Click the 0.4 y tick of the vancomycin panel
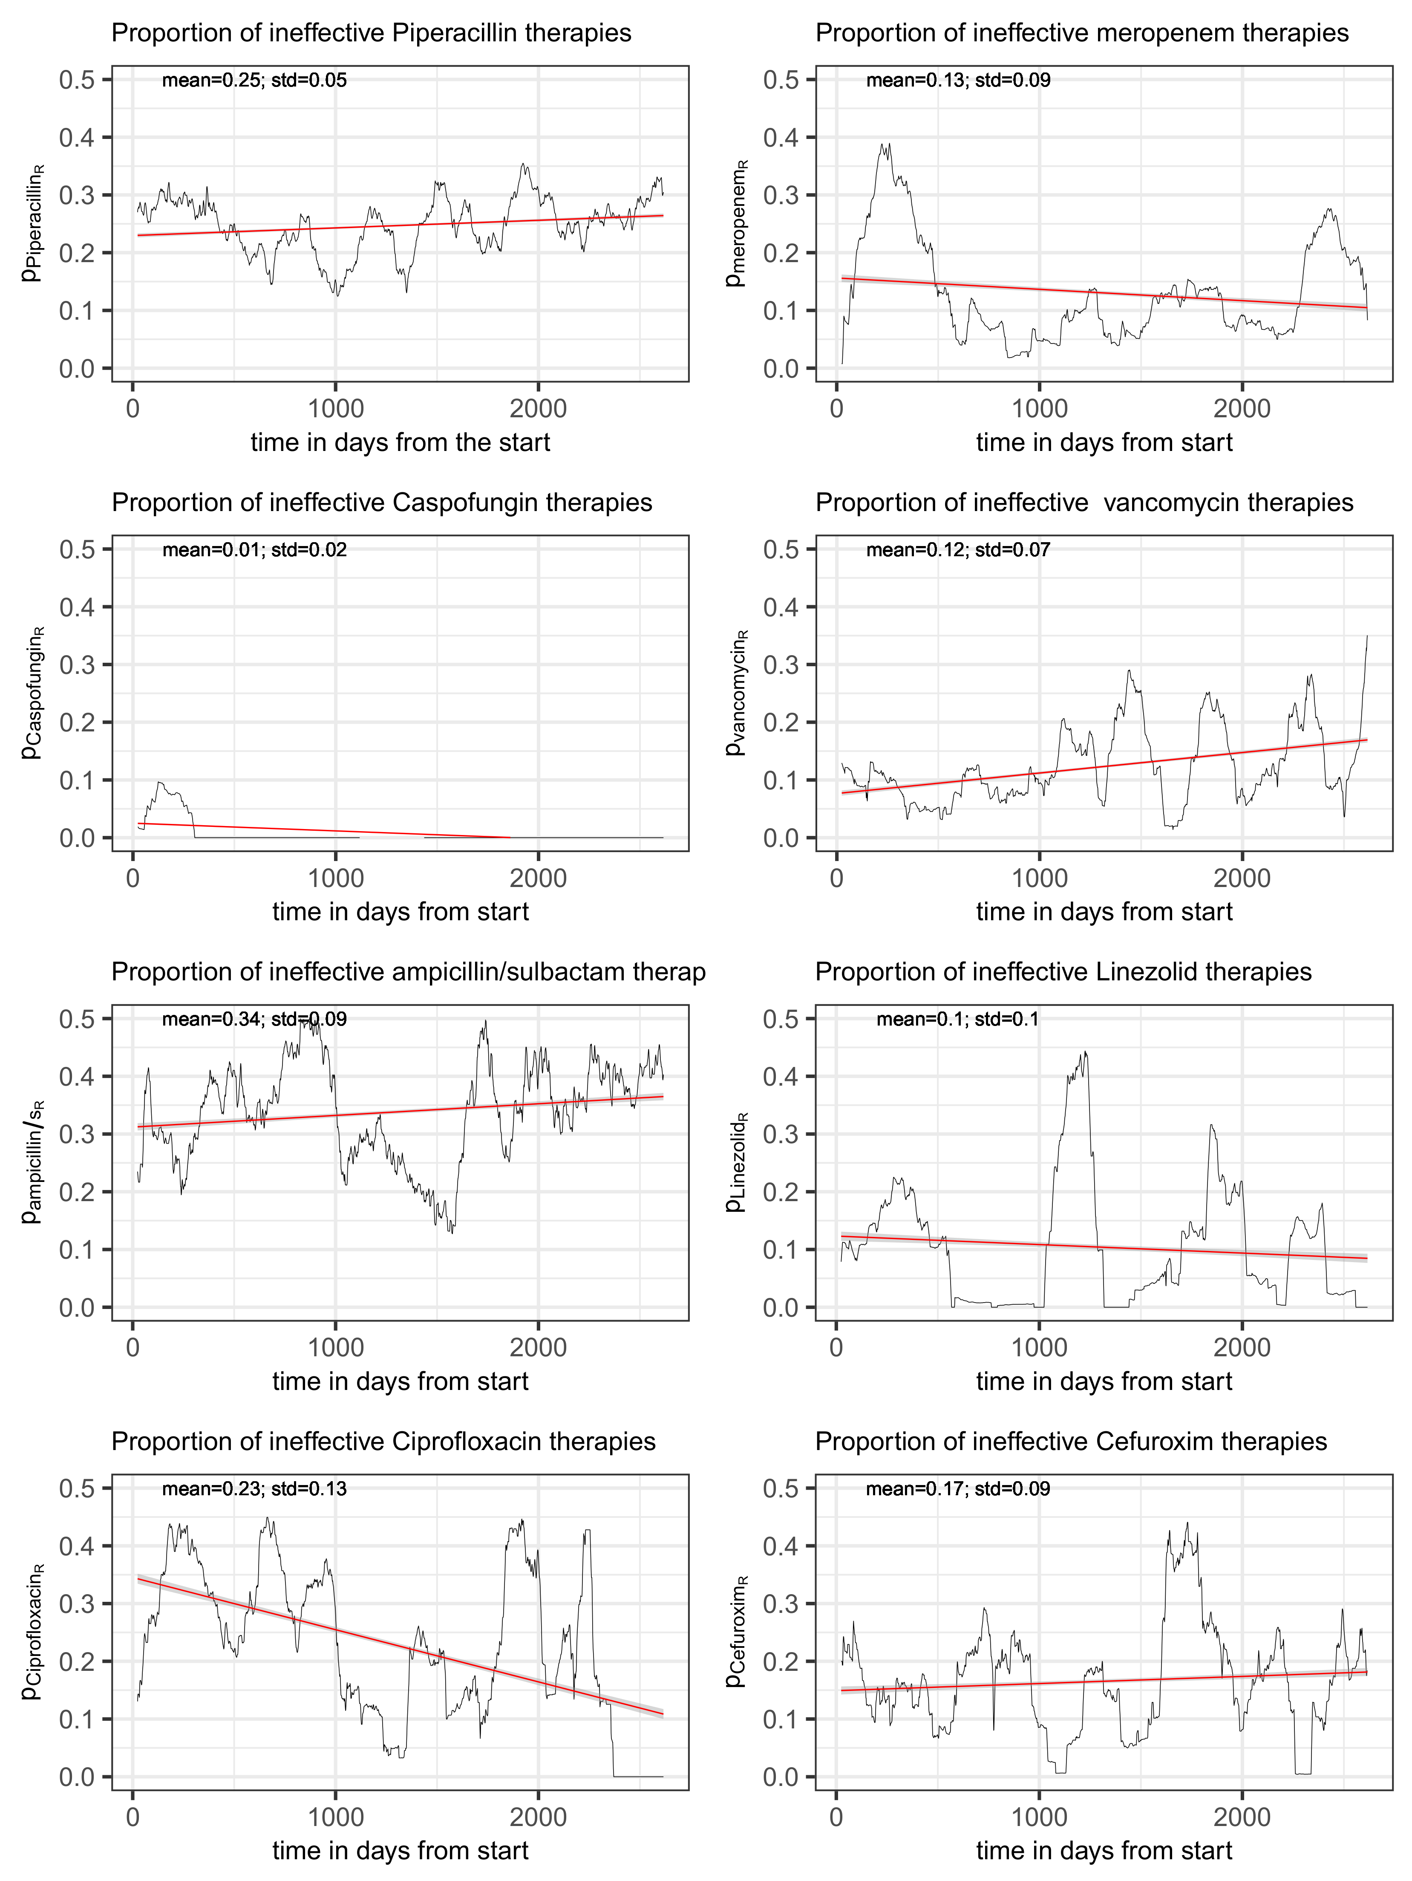(x=781, y=607)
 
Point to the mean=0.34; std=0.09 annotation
(x=254, y=1020)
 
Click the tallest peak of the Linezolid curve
(x=1085, y=1053)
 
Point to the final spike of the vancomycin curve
(x=1366, y=638)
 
